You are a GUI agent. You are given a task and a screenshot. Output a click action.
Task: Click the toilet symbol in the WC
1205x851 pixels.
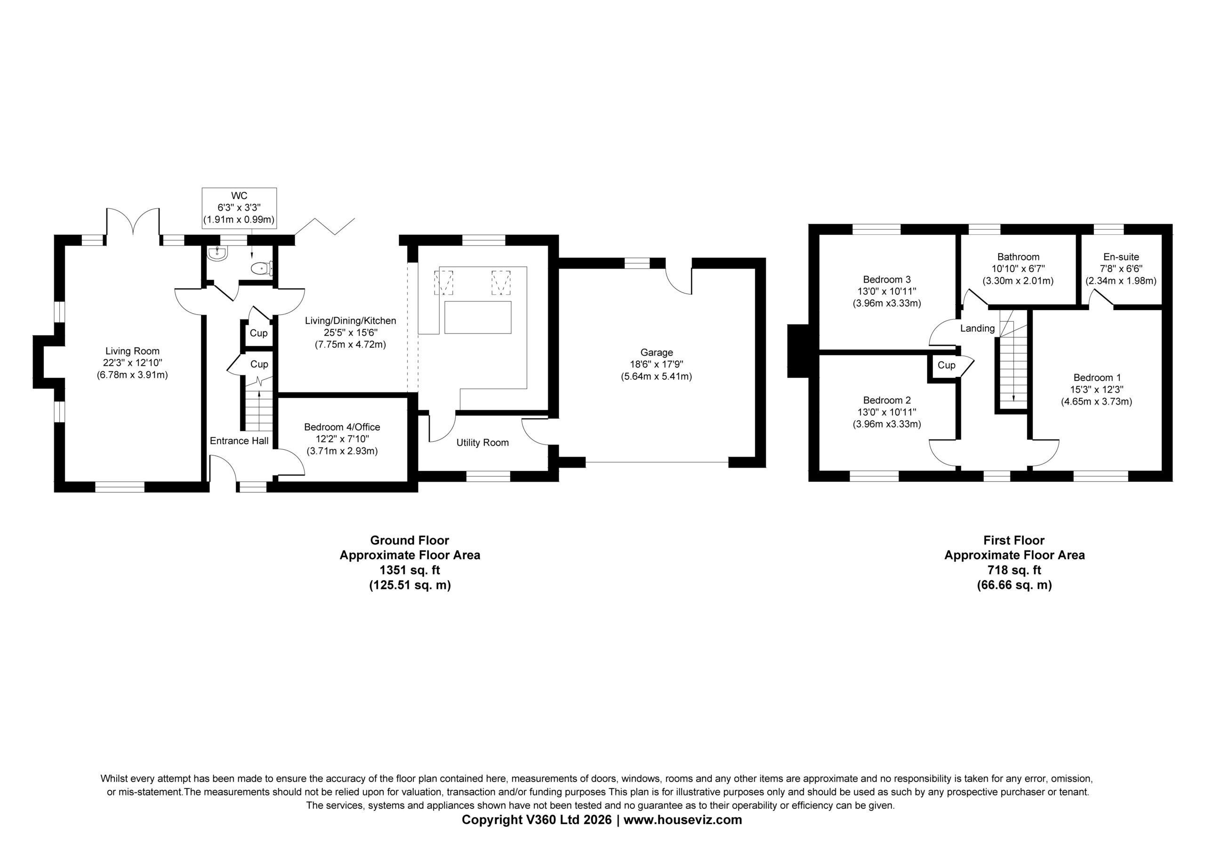coord(262,269)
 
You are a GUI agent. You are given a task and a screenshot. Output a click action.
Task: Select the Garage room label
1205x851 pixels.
coord(657,352)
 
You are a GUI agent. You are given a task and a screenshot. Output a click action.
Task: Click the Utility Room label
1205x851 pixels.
coord(482,442)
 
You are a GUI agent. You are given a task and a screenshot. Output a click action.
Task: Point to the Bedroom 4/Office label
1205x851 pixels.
coord(342,427)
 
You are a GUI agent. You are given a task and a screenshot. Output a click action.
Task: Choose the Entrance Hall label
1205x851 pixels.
coord(239,441)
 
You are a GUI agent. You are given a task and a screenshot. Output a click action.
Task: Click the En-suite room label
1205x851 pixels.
coord(1121,256)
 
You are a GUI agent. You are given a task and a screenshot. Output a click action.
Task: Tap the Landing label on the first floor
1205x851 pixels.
coord(977,328)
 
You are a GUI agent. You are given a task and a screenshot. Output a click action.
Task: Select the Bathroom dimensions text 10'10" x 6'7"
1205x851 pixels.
coord(1018,269)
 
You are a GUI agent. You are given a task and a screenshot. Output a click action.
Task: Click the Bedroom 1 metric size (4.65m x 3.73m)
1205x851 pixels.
coord(1097,401)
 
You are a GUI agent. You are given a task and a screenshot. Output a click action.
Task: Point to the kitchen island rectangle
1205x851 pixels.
coord(478,318)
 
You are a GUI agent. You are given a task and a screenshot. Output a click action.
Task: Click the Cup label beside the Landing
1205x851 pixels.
coord(946,365)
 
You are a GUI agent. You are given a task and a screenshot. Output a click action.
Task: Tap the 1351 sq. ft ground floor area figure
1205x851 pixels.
coord(410,570)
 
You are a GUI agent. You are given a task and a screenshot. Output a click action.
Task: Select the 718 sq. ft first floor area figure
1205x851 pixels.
coord(1014,570)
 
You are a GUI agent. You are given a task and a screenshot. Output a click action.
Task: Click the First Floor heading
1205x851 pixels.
coord(1014,540)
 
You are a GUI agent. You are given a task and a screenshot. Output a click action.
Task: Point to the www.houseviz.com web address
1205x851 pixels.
coord(683,819)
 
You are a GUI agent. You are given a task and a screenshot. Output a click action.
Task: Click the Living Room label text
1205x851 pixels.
coord(132,351)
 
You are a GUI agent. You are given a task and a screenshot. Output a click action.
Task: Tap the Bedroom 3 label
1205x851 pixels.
coord(887,279)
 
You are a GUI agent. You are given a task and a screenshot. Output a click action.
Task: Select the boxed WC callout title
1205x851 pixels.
coord(239,196)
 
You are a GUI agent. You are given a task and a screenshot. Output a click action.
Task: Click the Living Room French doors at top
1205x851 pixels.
coord(133,226)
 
